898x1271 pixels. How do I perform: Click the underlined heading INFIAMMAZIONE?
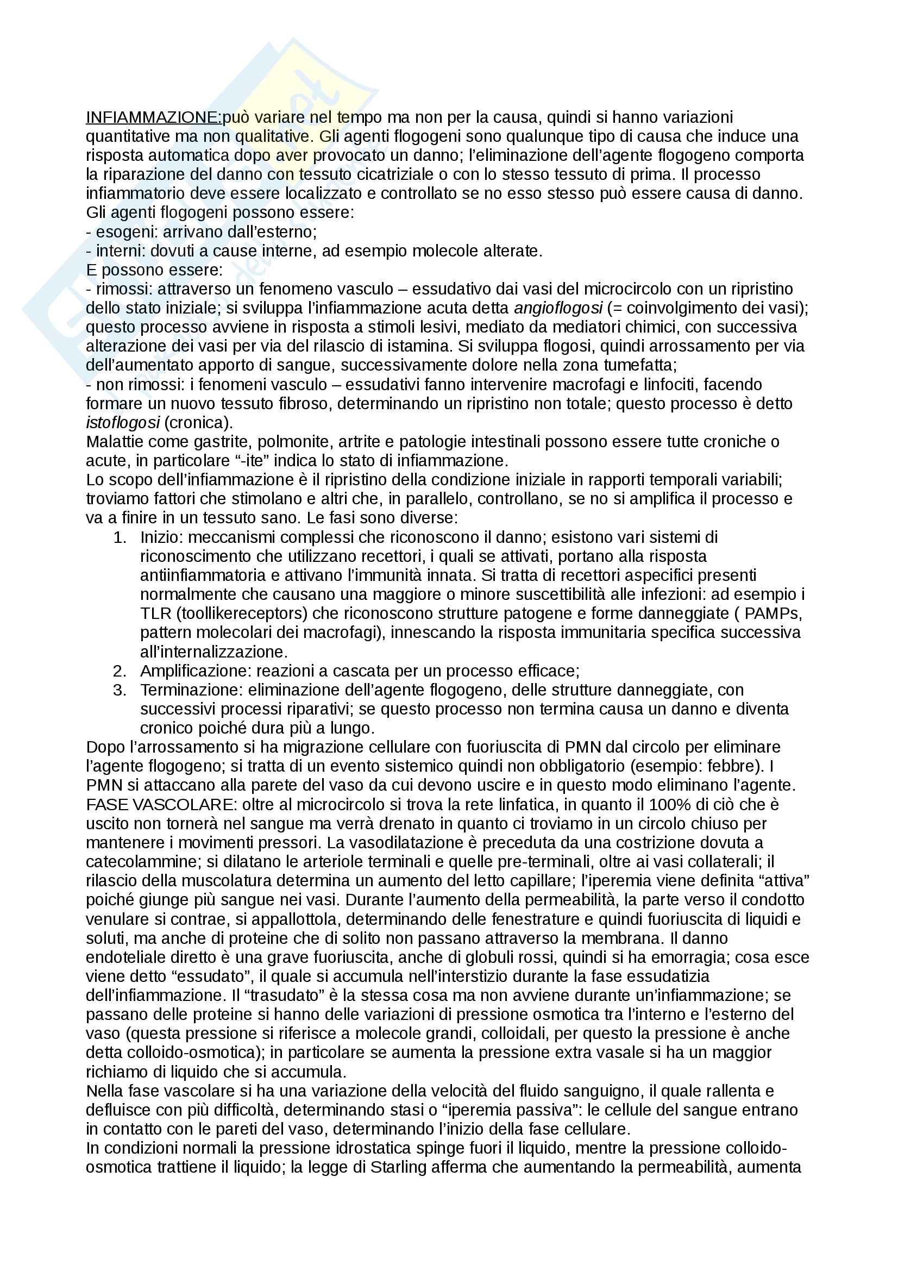pos(153,117)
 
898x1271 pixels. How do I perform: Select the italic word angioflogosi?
pos(558,308)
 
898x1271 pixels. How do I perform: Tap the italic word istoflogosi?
pos(123,422)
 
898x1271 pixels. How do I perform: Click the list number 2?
pos(119,671)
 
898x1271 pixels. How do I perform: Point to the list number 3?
pos(119,690)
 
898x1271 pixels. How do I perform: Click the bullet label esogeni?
pos(125,231)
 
